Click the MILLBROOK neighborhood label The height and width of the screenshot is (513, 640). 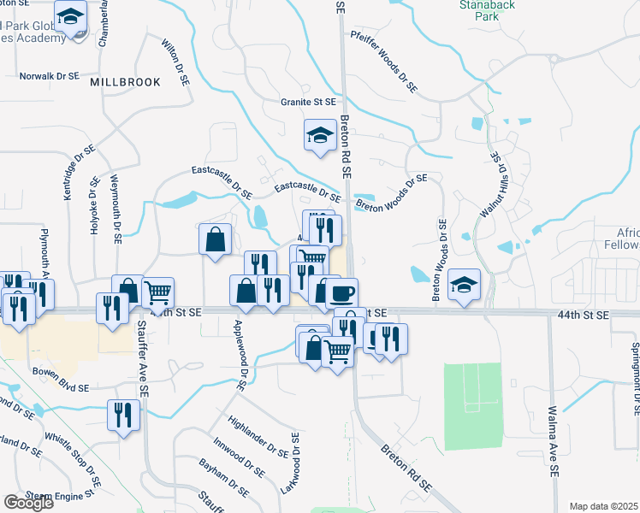125,81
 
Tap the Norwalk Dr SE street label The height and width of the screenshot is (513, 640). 49,76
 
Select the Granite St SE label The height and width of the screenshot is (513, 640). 308,102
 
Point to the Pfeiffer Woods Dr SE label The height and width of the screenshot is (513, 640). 383,62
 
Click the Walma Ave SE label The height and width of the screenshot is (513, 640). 554,442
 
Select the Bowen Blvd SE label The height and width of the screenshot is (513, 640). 60,388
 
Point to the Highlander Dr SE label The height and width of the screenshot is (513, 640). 258,435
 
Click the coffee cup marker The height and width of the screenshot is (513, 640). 341,293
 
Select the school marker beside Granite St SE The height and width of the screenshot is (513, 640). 321,135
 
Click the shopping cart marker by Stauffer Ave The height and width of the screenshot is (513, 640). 157,293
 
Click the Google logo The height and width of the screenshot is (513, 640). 28,503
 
